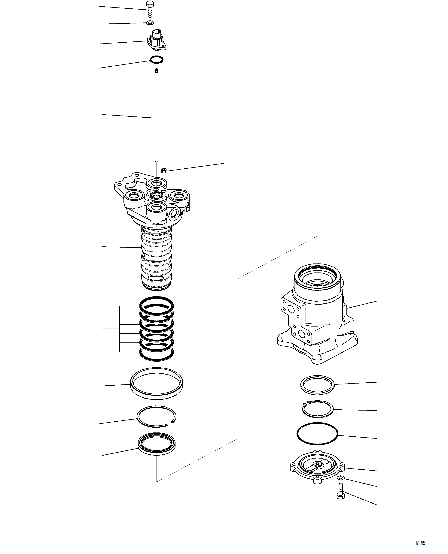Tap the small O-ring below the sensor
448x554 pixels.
click(x=157, y=60)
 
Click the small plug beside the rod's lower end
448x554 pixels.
click(x=163, y=170)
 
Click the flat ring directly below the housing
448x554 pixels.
click(x=317, y=385)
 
